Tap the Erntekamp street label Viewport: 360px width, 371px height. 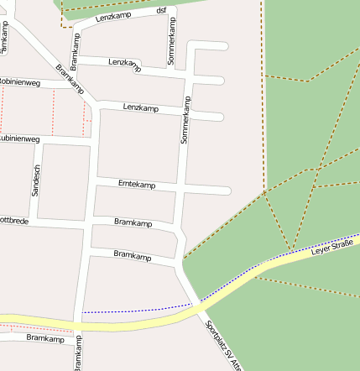click(x=137, y=185)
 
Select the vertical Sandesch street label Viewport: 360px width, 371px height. click(x=35, y=180)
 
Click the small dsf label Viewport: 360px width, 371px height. click(x=161, y=10)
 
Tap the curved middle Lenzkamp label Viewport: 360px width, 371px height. click(x=124, y=64)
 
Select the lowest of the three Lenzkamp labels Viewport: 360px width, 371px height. click(x=140, y=108)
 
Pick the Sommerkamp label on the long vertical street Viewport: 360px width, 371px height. click(x=185, y=119)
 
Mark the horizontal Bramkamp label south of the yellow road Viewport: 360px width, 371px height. click(x=45, y=338)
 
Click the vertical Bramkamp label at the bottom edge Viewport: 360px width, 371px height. click(x=77, y=353)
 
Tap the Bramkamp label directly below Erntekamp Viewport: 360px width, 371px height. click(x=133, y=223)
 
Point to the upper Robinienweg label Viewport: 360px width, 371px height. click(x=18, y=82)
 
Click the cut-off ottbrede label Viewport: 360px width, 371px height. click(x=15, y=221)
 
